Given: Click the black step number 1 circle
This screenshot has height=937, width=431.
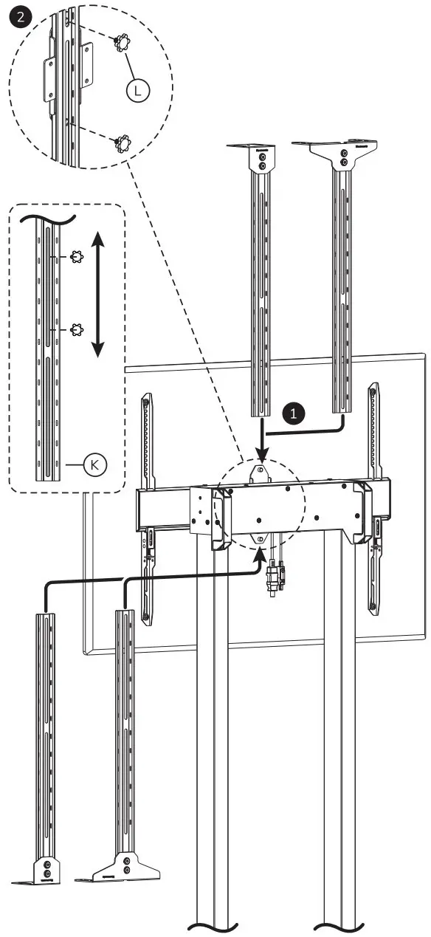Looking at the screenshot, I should coord(295,413).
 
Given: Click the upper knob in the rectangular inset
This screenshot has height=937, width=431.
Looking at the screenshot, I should coord(75,257).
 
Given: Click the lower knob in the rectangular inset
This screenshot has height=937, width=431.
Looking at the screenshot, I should coord(75,330).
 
